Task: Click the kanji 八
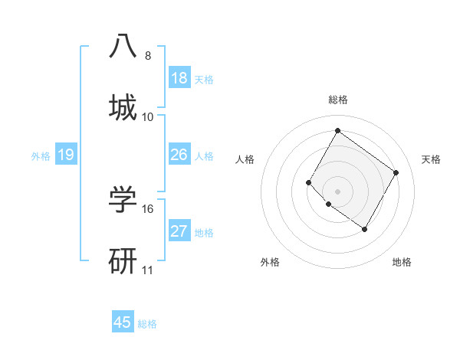123,46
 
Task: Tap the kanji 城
123,107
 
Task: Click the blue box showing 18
179,78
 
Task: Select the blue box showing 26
179,155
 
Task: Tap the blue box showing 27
179,231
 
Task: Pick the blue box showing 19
66,155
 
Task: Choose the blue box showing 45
123,322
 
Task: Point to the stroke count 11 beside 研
148,270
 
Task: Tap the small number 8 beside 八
148,56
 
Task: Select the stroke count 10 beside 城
148,117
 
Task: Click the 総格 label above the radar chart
338,100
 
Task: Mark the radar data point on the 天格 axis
396,172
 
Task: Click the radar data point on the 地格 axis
364,229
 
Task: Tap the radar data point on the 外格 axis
329,204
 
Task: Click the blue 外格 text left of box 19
41,156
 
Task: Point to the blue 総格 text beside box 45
147,324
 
